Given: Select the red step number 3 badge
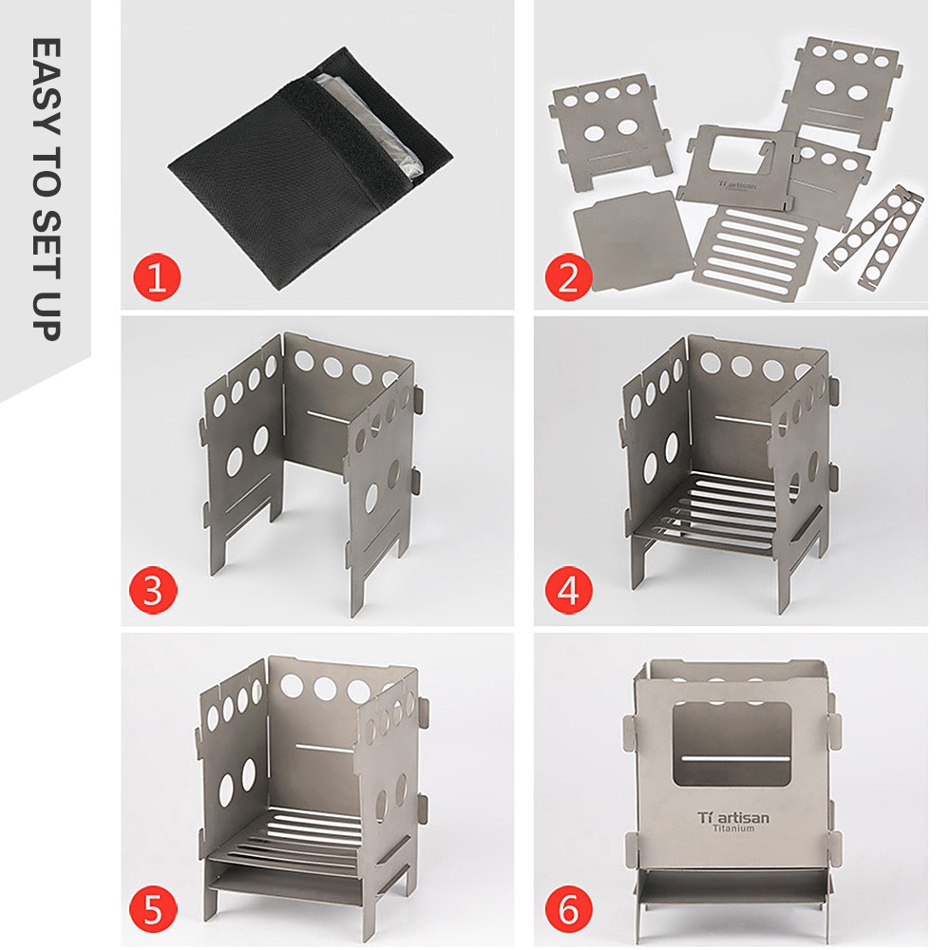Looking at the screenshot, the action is tap(153, 590).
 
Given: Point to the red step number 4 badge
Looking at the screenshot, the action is tap(569, 590).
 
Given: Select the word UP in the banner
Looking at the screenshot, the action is tap(46, 316).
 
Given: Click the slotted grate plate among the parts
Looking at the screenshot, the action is tap(751, 253).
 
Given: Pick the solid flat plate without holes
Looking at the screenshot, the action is tap(633, 239).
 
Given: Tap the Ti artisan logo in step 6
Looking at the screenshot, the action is tap(733, 817).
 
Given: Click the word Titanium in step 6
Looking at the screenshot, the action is tap(733, 828).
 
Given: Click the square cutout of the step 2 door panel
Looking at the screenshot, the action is tap(736, 158).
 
